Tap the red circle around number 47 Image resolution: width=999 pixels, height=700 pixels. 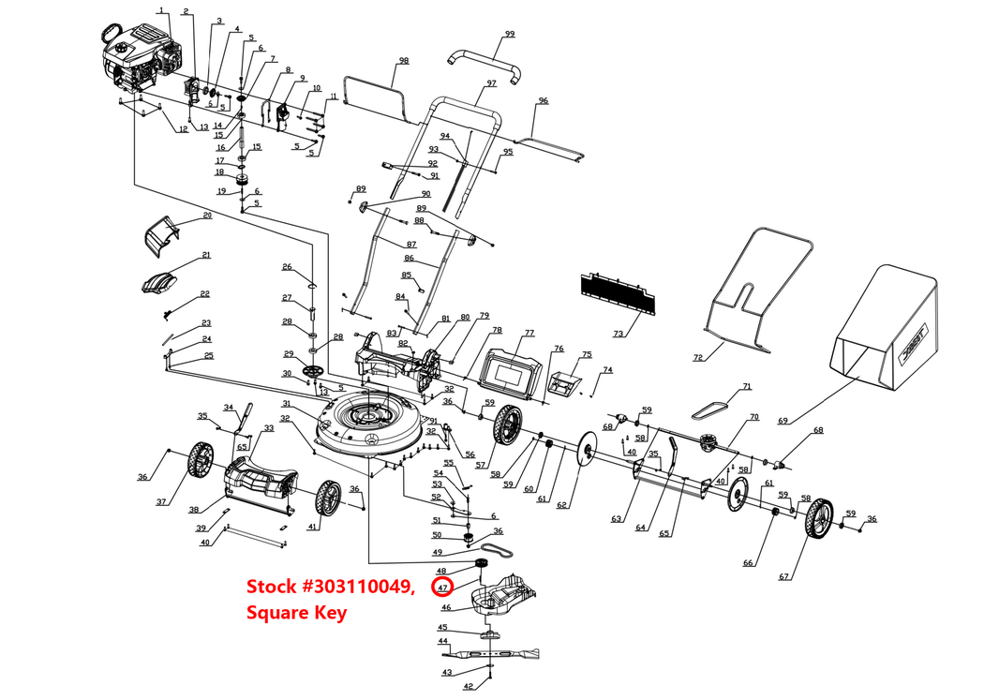pyautogui.click(x=442, y=588)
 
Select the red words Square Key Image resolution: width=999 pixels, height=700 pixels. pyautogui.click(x=296, y=613)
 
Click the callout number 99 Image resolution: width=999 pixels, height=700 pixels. pyautogui.click(x=510, y=34)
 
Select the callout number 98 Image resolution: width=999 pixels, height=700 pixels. pyautogui.click(x=403, y=61)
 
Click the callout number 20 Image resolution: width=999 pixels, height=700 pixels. pyautogui.click(x=207, y=216)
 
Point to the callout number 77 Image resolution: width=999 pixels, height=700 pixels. pyautogui.click(x=529, y=333)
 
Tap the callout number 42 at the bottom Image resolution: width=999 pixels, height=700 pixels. pyautogui.click(x=469, y=686)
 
